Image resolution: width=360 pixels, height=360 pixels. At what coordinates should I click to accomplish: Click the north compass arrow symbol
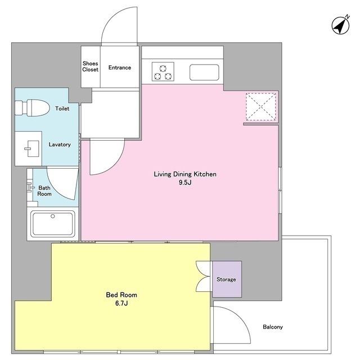click(x=341, y=25)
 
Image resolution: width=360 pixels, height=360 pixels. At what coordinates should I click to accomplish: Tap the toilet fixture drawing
click(x=33, y=107)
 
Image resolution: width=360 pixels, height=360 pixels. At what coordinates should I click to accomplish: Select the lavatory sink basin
click(x=32, y=148)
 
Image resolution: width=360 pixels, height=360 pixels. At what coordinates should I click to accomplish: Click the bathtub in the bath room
click(x=53, y=224)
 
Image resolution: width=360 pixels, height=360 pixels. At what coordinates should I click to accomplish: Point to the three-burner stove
click(x=163, y=71)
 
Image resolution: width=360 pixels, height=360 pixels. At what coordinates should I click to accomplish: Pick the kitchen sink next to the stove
click(x=204, y=72)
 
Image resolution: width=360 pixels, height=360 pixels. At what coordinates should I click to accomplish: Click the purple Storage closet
click(x=227, y=279)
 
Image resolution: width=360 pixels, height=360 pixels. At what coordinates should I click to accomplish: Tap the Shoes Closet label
click(x=90, y=66)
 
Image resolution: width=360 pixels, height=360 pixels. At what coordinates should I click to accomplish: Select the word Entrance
click(x=120, y=67)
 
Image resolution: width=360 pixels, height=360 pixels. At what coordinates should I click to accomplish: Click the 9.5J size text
click(x=185, y=182)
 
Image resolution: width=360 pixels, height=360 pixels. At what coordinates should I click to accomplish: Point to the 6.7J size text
click(x=121, y=303)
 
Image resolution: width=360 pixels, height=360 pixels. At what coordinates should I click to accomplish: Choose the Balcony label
click(x=273, y=327)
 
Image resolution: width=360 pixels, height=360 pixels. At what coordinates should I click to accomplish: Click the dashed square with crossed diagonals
click(x=261, y=106)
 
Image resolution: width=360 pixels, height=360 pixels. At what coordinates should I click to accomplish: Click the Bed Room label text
click(x=121, y=295)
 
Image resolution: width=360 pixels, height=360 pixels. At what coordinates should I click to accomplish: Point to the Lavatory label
click(x=60, y=145)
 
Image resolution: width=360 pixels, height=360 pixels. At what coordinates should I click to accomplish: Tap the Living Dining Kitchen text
click(x=185, y=174)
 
